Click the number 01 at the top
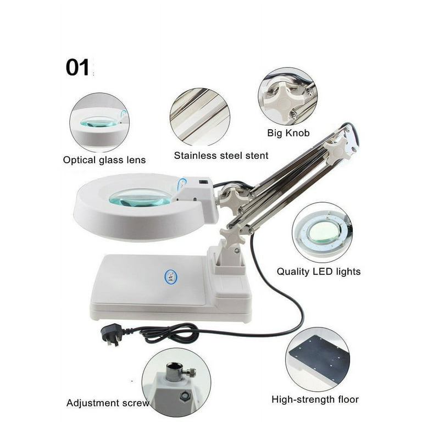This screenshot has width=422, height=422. (x=77, y=67)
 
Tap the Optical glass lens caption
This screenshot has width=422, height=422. (x=104, y=160)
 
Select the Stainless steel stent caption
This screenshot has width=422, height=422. (x=221, y=156)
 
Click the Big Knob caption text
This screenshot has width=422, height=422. (x=288, y=133)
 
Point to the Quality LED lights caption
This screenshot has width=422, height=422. (x=319, y=271)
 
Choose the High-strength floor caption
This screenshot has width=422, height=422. (x=315, y=399)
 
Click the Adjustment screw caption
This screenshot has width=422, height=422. (x=108, y=403)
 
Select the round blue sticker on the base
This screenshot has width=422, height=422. (x=170, y=275)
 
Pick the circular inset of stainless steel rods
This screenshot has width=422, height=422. (x=199, y=117)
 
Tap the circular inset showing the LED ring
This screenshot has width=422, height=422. (x=322, y=232)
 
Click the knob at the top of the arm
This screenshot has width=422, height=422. (x=339, y=146)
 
